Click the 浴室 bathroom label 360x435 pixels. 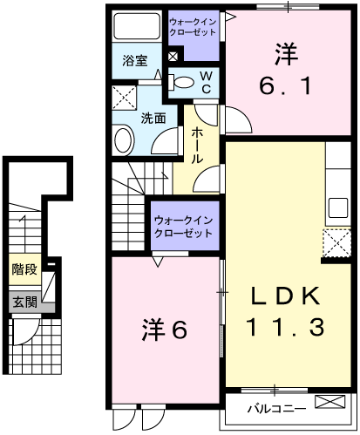[x=134, y=61]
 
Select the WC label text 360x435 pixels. [x=207, y=82]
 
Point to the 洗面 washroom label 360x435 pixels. [x=153, y=118]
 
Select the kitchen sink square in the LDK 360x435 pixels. [x=337, y=208]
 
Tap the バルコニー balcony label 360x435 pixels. [x=275, y=408]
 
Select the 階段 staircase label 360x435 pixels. [x=24, y=269]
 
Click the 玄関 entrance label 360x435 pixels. [x=24, y=302]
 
